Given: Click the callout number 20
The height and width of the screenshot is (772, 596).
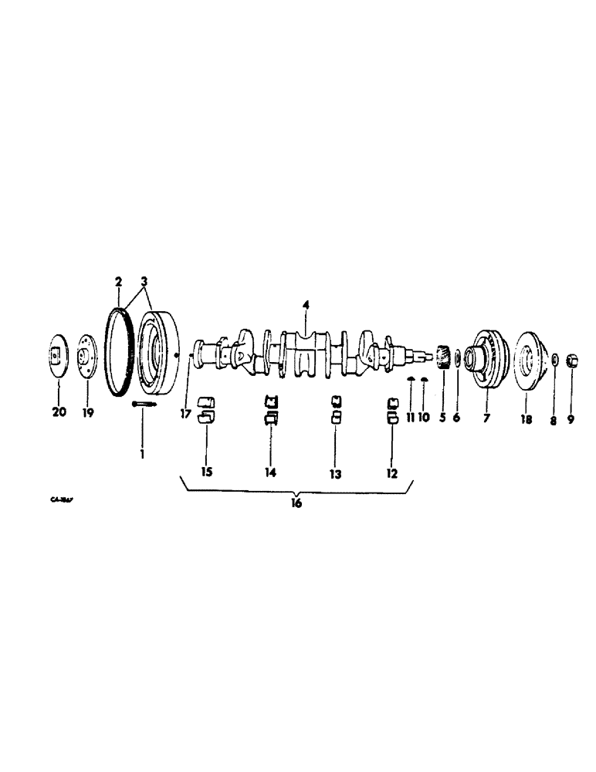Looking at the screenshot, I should click(59, 412).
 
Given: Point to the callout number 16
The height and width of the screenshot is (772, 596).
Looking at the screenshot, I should click(296, 503).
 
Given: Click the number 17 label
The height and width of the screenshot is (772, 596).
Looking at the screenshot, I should click(186, 413).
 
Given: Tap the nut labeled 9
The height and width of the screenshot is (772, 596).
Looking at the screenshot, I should click(573, 359).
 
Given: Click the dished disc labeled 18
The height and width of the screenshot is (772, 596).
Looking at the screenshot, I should click(527, 359).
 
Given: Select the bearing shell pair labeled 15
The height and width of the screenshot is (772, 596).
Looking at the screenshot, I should click(206, 411).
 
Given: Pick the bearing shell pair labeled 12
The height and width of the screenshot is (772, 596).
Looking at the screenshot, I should click(392, 411).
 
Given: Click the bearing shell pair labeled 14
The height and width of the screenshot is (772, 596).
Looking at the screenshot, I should click(271, 410).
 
